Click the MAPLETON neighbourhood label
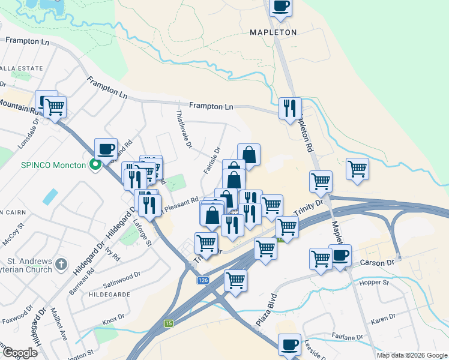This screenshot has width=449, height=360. [273, 32]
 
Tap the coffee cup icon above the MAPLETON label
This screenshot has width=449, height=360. [280, 6]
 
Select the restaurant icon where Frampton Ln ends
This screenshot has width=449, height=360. [290, 108]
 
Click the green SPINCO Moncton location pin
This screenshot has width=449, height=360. [95, 164]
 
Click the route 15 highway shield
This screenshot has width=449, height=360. [169, 323]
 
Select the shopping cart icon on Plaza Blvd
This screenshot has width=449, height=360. [235, 280]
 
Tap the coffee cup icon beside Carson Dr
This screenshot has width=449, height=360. [340, 256]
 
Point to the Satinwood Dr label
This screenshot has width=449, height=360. [121, 278]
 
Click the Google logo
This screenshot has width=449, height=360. [20, 353]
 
